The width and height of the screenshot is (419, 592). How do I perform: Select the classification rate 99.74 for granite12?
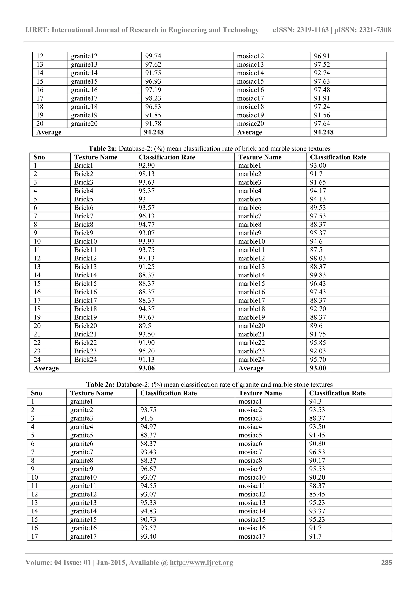153,56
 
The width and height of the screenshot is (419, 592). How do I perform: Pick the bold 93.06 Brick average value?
146,368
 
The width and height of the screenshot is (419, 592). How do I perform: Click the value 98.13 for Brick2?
146,174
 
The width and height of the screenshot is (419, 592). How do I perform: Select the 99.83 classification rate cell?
318,275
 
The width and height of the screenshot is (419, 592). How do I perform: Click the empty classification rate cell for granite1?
185,401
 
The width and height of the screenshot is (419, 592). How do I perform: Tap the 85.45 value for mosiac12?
317,494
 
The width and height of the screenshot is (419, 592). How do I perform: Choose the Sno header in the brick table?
39,157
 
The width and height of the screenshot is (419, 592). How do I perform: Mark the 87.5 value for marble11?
316,250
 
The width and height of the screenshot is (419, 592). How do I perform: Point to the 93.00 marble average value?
318,368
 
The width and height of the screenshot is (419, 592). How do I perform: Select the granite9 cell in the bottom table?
82,469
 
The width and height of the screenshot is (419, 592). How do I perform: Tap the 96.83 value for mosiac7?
317,452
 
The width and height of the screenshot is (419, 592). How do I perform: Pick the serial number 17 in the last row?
34,537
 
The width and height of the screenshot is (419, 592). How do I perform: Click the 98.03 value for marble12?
318,258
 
